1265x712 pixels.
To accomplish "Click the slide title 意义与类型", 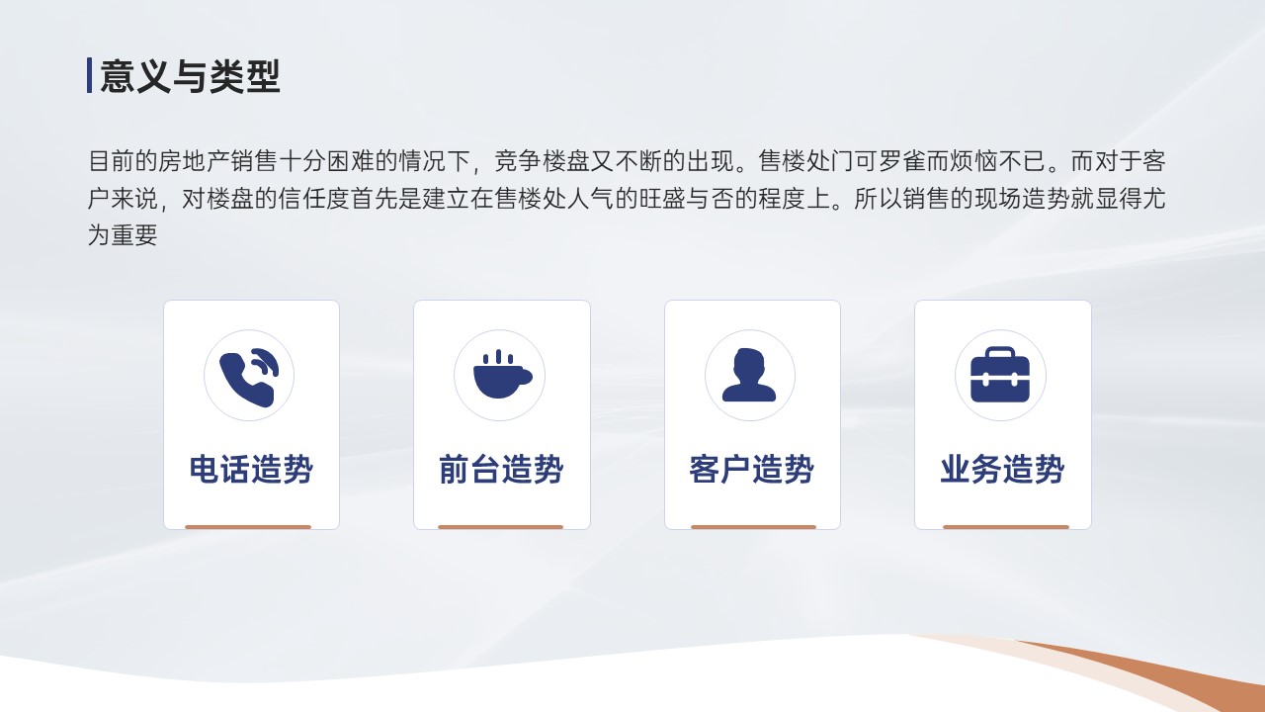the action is pos(190,76).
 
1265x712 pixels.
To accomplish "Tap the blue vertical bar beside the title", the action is pos(89,75).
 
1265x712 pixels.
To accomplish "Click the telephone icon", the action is pos(249,377).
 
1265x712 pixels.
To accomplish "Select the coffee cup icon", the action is pos(502,374).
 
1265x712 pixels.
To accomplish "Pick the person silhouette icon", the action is pos(749,375).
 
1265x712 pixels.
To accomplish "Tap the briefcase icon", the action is pos(1000,375).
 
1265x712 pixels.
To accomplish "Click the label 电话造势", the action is pos(251,469).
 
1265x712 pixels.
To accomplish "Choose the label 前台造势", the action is pos(501,469).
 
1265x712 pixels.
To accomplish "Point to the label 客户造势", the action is pos(752,469).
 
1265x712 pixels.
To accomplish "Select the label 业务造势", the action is pos(1002,469).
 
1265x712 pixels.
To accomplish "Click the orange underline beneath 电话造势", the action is pos(248,527).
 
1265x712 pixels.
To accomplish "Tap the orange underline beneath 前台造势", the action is pos(500,527).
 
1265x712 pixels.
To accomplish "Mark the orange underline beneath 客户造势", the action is pos(753,527).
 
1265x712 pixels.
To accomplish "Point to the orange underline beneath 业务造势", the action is pos(1006,527).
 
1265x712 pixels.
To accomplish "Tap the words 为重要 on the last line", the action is pos(123,235).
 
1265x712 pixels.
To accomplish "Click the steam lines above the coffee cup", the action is pos(498,357).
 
